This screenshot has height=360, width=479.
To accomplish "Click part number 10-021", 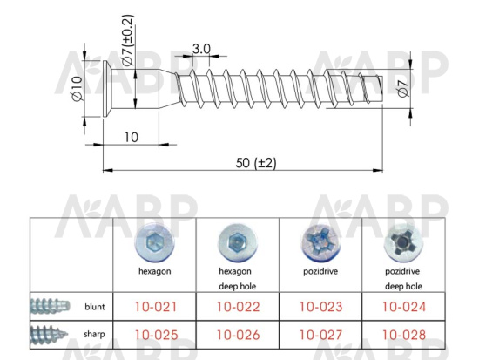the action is point(156,307).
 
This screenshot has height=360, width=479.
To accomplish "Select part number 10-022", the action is point(239,307).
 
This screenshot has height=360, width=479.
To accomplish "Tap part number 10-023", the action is point(321,307).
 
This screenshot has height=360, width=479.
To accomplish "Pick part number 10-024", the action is point(404,307).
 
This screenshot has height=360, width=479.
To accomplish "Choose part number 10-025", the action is point(157,335).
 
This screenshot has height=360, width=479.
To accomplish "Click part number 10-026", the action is point(239,335).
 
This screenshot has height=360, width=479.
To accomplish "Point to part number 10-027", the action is point(320,335).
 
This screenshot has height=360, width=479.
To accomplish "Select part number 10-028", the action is point(404,335).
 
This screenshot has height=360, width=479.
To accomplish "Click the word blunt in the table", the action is point(95,307).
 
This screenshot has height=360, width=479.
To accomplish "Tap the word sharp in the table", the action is point(94,335).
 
